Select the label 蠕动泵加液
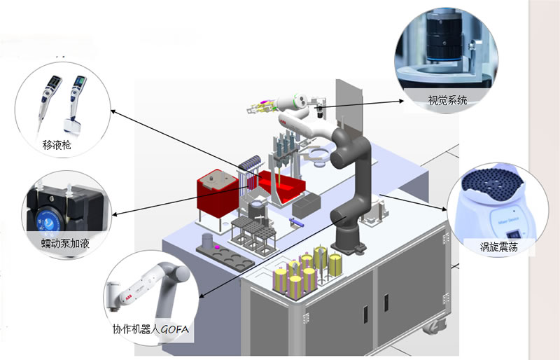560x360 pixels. click(x=65, y=243)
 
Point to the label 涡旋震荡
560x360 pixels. click(x=498, y=246)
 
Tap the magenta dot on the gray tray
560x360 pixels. click(x=217, y=247)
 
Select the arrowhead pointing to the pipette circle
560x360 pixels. click(x=113, y=111)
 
